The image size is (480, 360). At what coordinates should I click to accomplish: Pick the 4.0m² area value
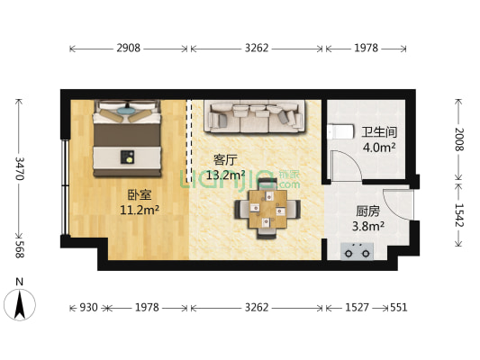379,147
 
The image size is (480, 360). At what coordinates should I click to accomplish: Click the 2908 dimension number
129,49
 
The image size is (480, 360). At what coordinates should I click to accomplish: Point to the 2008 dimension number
458,139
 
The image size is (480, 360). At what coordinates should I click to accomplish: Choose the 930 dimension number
88,308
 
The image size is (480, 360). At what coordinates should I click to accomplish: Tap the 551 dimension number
398,308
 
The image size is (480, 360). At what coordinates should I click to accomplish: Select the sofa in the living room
253,116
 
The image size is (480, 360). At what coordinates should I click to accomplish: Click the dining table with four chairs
264,211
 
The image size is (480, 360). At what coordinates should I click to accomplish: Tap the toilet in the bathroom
340,131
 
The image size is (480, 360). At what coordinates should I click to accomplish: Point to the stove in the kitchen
358,250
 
